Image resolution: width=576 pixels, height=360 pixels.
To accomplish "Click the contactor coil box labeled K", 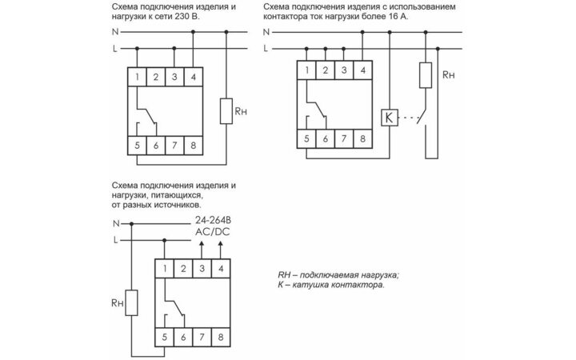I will tap(390, 118).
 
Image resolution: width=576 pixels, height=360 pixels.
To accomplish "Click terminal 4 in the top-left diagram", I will tap(194, 78).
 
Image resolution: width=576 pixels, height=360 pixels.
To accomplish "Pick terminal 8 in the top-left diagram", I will tap(194, 146).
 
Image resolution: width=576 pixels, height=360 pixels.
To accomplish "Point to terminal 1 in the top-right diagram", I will tap(308, 70).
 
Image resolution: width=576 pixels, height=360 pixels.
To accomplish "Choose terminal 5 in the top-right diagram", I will tap(308, 138).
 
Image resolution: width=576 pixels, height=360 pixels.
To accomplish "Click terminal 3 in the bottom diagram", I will tap(201, 269).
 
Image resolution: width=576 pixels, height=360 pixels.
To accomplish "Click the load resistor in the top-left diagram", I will tap(227, 112).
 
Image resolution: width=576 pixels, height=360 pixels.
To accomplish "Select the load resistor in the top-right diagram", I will tap(426, 75).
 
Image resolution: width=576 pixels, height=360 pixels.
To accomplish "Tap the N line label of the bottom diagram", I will tap(117, 224).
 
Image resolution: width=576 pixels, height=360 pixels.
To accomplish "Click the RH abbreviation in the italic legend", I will tap(286, 275).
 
